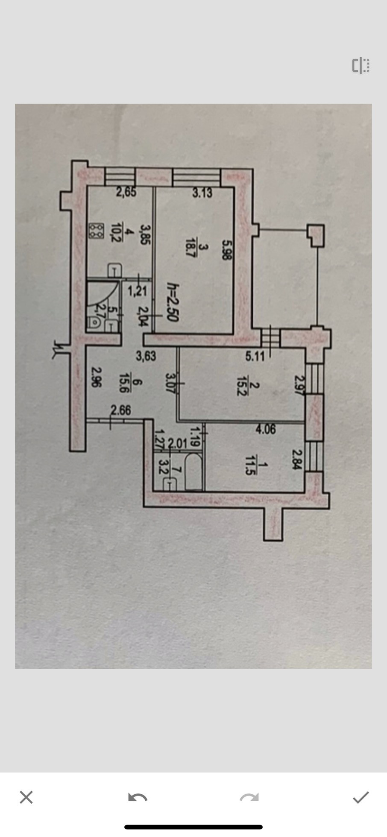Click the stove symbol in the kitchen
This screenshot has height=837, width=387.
pyautogui.click(x=96, y=231)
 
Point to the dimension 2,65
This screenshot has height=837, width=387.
pyautogui.click(x=126, y=192)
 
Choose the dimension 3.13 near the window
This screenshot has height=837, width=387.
pyautogui.click(x=202, y=193)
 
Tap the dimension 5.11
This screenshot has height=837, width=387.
pyautogui.click(x=255, y=356)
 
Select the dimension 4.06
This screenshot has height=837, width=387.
pyautogui.click(x=265, y=429)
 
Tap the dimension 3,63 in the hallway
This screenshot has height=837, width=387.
pyautogui.click(x=146, y=356)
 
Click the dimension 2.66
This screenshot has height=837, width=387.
pyautogui.click(x=120, y=410)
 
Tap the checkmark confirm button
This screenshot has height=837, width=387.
pyautogui.click(x=361, y=797)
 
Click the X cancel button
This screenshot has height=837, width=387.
pyautogui.click(x=26, y=797)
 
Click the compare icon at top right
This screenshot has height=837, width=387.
pyautogui.click(x=361, y=66)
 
